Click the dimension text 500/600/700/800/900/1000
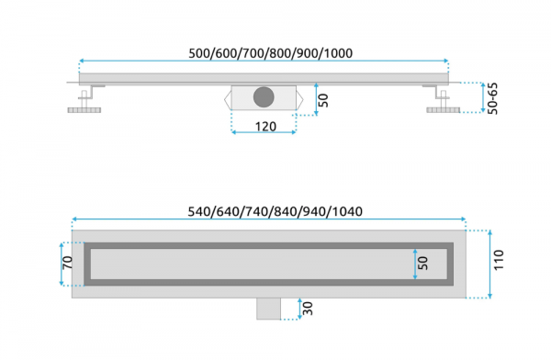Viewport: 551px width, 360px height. (271, 53)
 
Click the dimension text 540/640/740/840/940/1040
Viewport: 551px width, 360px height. (275, 211)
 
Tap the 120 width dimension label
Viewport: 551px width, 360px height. (265, 126)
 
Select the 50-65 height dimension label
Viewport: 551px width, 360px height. (493, 98)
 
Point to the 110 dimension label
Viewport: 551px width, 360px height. (499, 260)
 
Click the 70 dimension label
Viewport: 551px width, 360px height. (67, 263)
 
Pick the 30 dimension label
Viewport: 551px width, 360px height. (308, 309)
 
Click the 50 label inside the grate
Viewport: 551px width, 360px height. (422, 264)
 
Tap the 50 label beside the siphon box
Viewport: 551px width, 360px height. (323, 100)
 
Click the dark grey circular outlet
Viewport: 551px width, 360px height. (264, 97)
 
